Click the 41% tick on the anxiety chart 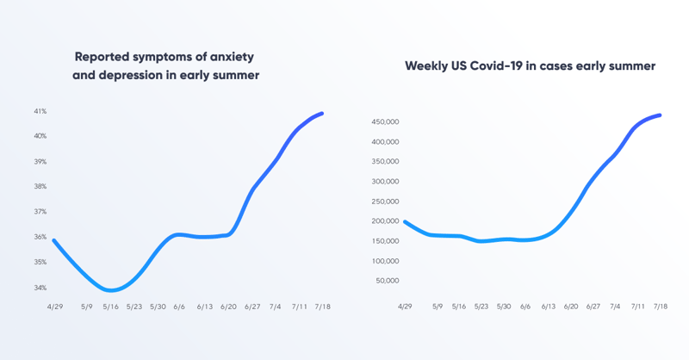(x=40, y=111)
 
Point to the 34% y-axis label (x=40, y=288)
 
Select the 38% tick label (x=40, y=186)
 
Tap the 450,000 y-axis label (x=385, y=121)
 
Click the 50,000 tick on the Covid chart (x=387, y=281)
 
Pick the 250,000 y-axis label (x=385, y=202)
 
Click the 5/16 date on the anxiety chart (x=109, y=306)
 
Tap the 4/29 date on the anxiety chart (x=53, y=306)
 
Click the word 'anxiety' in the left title (x=232, y=57)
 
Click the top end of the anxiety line (x=321, y=113)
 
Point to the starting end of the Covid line (x=405, y=221)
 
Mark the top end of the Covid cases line (x=660, y=115)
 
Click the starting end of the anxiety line (x=53, y=240)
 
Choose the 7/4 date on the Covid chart (x=615, y=306)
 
